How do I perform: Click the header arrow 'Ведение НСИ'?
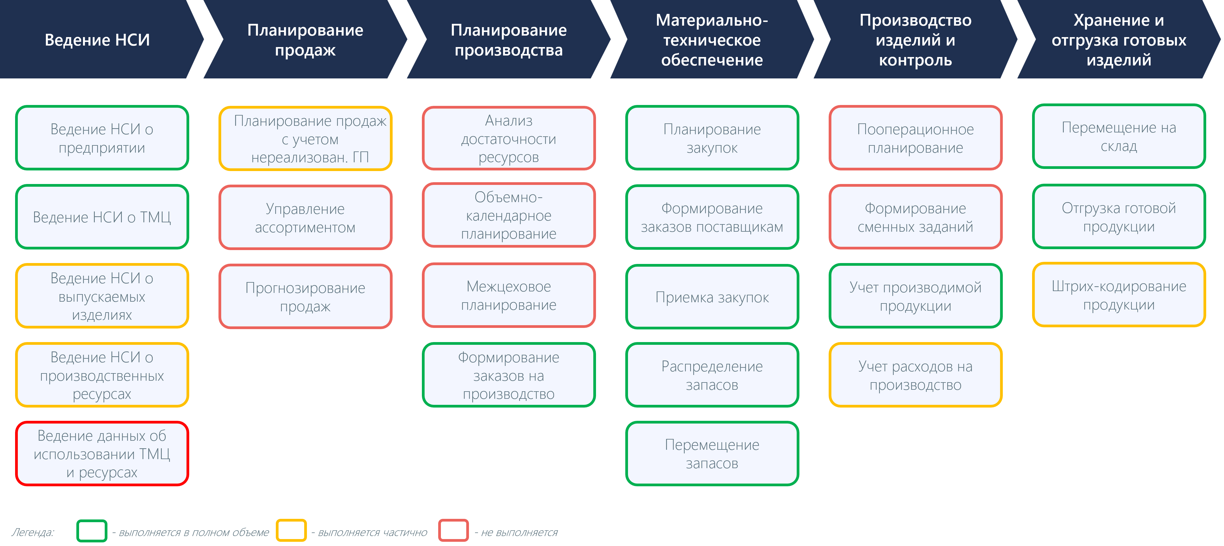point(97,40)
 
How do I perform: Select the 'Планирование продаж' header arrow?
point(305,40)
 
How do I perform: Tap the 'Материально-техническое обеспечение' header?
point(712,40)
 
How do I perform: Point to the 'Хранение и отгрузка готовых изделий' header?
point(1118,40)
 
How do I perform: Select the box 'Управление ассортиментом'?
point(305,217)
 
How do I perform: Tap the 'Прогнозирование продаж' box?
point(305,296)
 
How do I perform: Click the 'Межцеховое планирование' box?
point(509,295)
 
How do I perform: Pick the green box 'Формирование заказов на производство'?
point(509,375)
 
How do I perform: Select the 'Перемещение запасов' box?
point(712,453)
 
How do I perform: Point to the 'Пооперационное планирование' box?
point(916,138)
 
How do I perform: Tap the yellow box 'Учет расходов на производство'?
point(916,375)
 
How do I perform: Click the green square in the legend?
point(92,531)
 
